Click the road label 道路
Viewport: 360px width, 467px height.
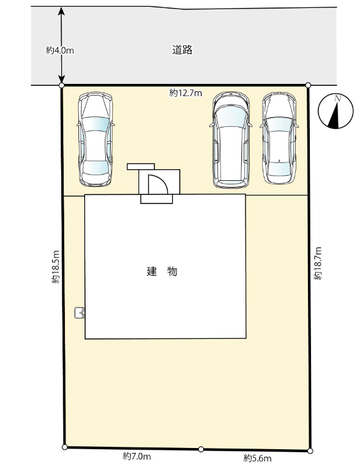[182, 50]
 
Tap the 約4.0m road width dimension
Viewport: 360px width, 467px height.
[60, 51]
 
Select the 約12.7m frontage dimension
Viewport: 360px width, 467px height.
[186, 93]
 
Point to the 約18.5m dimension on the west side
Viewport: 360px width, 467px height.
[56, 267]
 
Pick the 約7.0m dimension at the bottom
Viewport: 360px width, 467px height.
[137, 456]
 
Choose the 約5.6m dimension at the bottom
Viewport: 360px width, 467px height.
[257, 458]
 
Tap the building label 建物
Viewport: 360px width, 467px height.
[162, 271]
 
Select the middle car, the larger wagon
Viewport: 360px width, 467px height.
[230, 140]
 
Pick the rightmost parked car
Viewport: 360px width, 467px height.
[279, 137]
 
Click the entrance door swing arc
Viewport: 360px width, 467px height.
[157, 183]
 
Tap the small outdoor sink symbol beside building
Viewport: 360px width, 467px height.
[79, 313]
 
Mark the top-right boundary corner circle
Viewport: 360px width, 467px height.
[308, 85]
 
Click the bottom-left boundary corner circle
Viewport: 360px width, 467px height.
[64, 447]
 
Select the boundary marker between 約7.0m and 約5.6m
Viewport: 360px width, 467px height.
[201, 449]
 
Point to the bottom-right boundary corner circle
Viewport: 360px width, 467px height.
[310, 451]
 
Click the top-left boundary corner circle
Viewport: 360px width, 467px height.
[62, 85]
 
